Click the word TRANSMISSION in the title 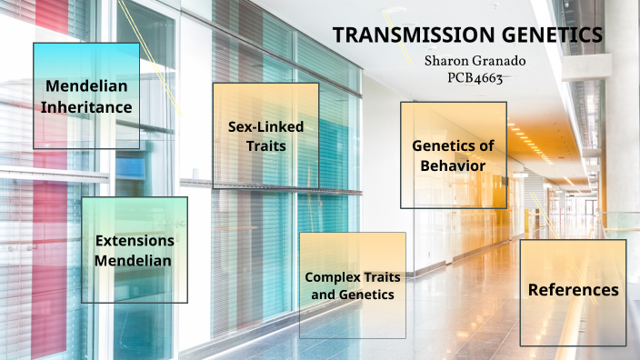click(404, 35)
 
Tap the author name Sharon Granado click(475, 60)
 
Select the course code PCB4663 click(475, 77)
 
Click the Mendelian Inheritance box click(86, 95)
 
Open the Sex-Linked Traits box click(265, 135)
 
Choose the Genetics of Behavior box click(454, 155)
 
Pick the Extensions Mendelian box click(135, 250)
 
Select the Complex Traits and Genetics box click(352, 285)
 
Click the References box click(573, 292)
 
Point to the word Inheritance click(86, 107)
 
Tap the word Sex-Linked click(265, 126)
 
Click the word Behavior click(452, 165)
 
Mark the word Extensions click(135, 241)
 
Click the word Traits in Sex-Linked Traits click(265, 145)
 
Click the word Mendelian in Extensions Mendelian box click(135, 261)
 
